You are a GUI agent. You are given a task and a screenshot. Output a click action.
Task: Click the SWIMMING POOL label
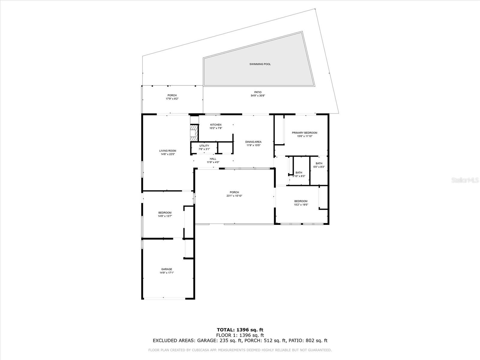[260, 64]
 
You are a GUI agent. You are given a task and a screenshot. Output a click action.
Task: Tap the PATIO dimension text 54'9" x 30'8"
[258, 96]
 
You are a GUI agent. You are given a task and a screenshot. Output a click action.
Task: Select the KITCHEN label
[216, 125]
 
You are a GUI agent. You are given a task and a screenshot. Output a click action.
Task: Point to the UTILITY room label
[204, 146]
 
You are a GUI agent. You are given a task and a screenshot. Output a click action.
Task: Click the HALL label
[213, 159]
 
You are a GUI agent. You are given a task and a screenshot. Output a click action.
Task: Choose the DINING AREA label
[253, 142]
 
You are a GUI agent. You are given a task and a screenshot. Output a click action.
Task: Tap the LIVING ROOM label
[168, 151]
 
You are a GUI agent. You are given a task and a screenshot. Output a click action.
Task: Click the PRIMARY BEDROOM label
[304, 133]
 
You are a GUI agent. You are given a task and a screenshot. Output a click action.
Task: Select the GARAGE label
[166, 269]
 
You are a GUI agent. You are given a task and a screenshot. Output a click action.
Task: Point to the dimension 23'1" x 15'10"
[234, 196]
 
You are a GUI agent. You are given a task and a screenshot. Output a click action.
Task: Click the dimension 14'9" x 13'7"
[165, 216]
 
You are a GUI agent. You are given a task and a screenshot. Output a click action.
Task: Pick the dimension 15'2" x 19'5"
[301, 205]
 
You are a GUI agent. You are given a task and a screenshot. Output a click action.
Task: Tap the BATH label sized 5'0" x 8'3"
[319, 163]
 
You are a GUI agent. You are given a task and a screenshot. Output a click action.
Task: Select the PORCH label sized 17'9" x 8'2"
[172, 95]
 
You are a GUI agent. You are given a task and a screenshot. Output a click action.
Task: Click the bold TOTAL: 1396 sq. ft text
[240, 330]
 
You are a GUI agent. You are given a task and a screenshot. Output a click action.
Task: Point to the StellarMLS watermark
[465, 180]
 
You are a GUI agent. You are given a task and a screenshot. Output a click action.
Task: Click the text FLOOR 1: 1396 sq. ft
[240, 335]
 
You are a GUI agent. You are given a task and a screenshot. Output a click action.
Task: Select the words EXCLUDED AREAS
[174, 340]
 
